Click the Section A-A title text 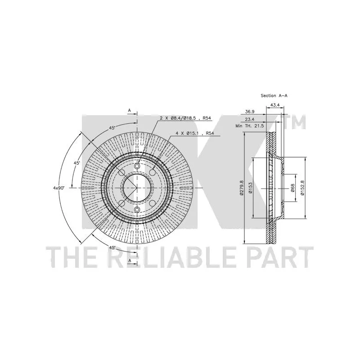[x=274, y=95]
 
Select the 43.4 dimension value [x=275, y=105]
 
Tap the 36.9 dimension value [x=250, y=112]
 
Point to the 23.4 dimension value [x=250, y=120]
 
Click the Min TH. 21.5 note [x=250, y=126]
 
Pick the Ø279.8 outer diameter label [x=241, y=188]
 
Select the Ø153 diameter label [x=250, y=188]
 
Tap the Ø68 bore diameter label [x=292, y=188]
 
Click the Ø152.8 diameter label [x=302, y=188]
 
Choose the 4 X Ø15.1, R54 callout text [x=195, y=133]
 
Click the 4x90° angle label [x=59, y=188]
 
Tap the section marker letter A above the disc [x=129, y=110]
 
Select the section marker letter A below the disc [x=130, y=261]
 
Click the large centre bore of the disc [x=137, y=188]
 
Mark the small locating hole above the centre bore [x=137, y=166]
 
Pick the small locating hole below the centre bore [x=137, y=209]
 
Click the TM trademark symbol [x=295, y=121]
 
